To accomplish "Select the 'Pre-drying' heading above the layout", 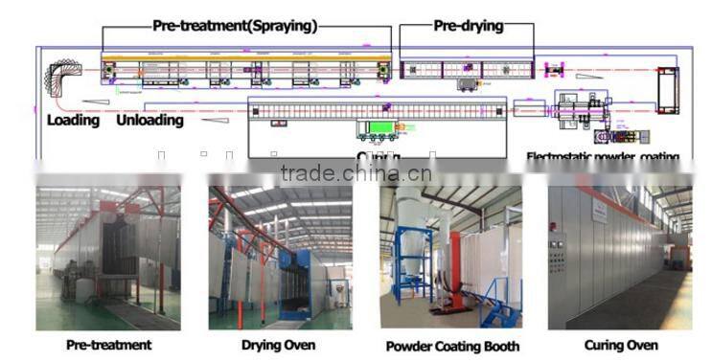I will pyautogui.click(x=468, y=26).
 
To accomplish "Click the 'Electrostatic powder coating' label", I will pyautogui.click(x=603, y=156).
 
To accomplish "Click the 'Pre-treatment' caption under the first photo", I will pyautogui.click(x=108, y=345).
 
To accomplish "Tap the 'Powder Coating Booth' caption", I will pyautogui.click(x=452, y=346).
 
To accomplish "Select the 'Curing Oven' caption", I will pyautogui.click(x=620, y=345).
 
